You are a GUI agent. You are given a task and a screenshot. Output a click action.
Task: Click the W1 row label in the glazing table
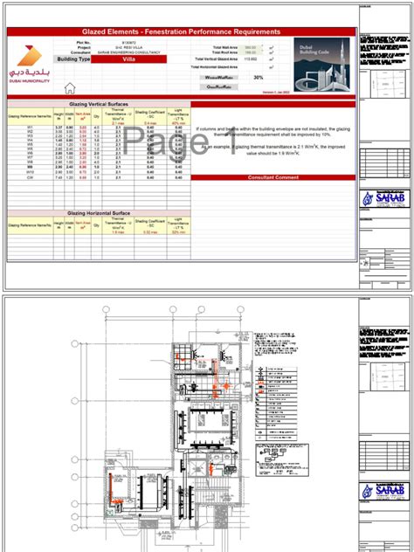(30, 128)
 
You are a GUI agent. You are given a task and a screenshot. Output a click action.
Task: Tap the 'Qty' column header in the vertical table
(95, 116)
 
